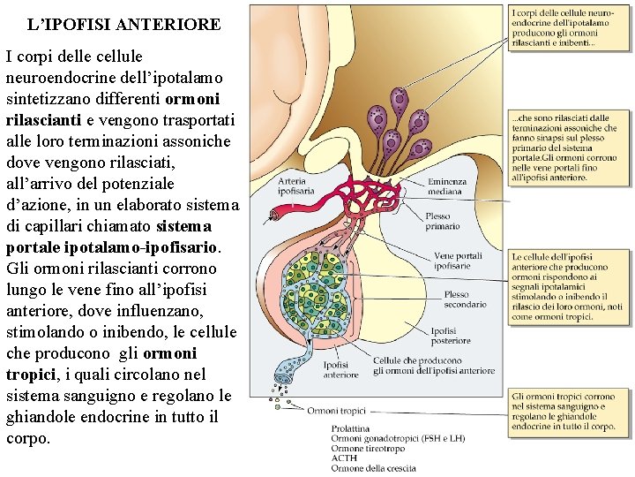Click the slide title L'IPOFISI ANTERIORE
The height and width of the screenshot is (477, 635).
click(123, 25)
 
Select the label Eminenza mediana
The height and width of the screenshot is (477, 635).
click(445, 186)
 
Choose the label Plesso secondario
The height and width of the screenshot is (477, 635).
click(466, 299)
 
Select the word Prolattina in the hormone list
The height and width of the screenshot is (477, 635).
click(350, 428)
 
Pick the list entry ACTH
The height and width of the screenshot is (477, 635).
click(344, 458)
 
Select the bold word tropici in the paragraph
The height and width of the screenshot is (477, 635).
click(31, 375)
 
